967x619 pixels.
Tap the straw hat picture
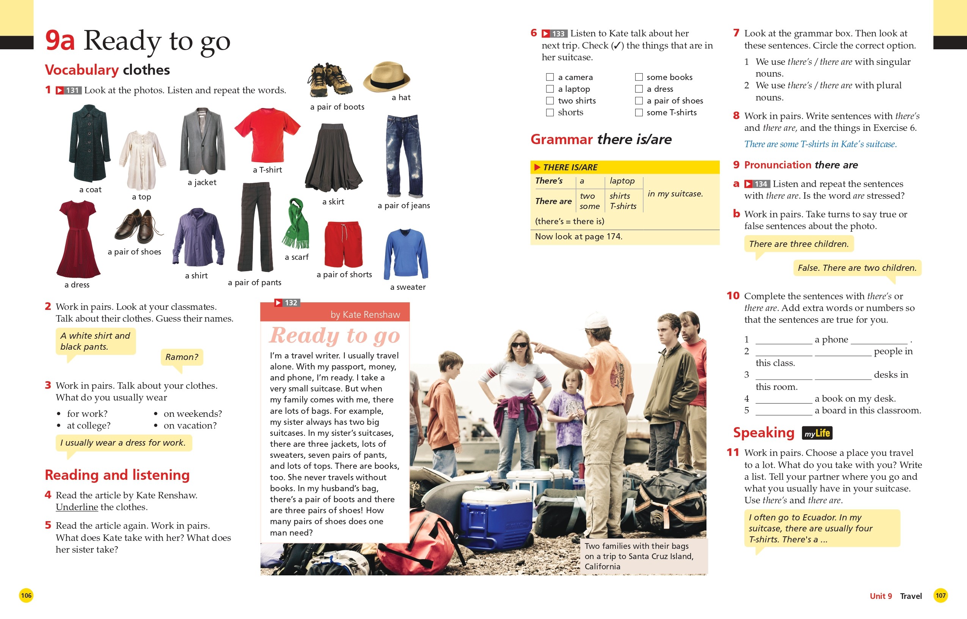(386, 77)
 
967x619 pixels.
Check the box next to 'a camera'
(549, 77)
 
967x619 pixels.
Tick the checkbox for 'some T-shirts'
(638, 113)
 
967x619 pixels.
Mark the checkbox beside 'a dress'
(638, 89)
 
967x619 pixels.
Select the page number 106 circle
(26, 595)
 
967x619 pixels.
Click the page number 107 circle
(940, 595)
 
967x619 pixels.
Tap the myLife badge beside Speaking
(817, 433)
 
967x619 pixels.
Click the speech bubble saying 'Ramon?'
(182, 357)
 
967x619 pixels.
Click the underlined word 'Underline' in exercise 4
(77, 507)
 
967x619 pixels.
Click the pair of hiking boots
(330, 79)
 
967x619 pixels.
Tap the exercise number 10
(733, 296)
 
